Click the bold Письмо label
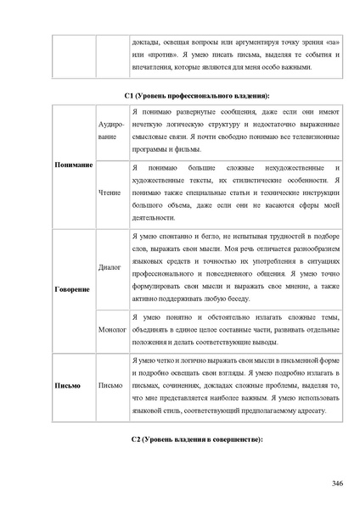click(x=68, y=386)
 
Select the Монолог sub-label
click(x=112, y=328)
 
